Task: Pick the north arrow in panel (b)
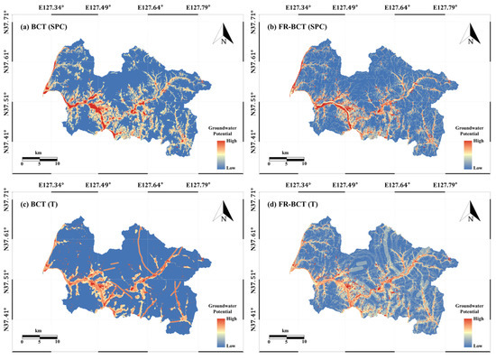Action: (472, 37)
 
